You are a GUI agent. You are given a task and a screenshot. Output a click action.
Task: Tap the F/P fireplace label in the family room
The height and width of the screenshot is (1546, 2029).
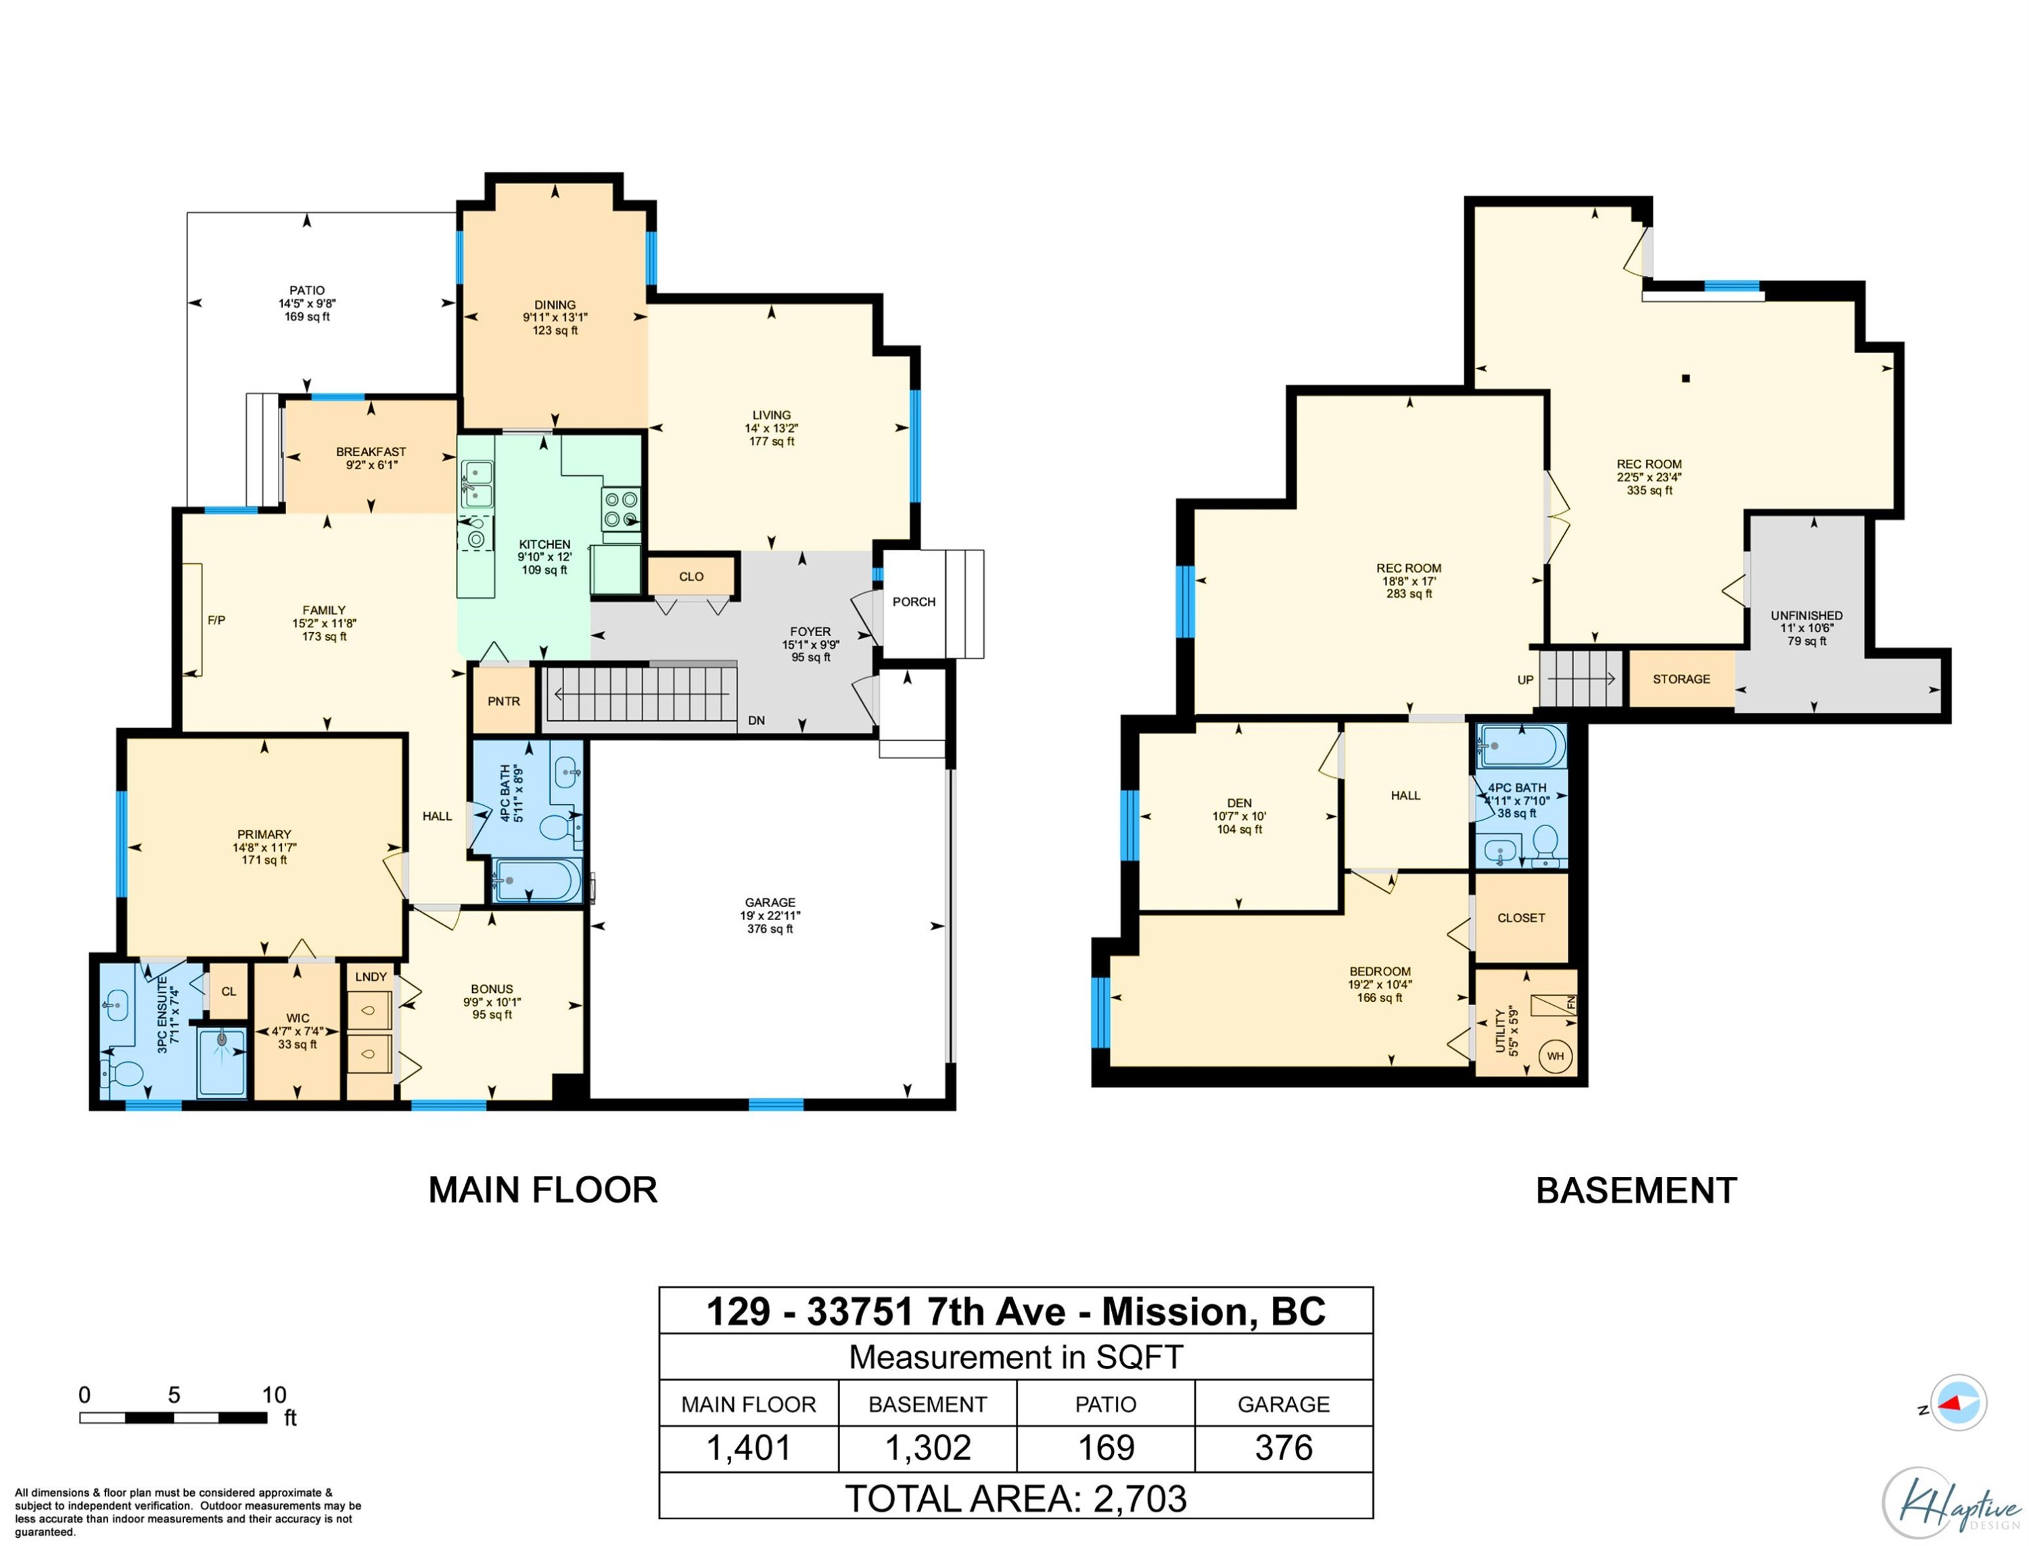[x=216, y=621]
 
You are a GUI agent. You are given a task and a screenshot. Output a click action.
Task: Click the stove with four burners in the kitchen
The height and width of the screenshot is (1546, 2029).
[x=620, y=510]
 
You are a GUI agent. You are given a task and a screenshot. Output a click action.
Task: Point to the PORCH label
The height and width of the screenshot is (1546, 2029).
[x=913, y=602]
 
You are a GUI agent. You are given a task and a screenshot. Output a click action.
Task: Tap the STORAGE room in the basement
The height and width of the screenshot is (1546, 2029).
[x=1681, y=679]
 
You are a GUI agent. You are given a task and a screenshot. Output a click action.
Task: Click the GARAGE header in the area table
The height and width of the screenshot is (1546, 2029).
[x=1283, y=1404]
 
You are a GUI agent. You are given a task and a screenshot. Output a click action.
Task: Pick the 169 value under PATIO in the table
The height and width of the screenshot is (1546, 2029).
[x=1106, y=1447]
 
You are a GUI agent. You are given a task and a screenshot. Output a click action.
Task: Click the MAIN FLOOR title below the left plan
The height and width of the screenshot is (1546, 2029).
[x=543, y=1190]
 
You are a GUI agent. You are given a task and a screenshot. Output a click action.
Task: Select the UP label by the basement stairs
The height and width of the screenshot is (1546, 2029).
[x=1525, y=680]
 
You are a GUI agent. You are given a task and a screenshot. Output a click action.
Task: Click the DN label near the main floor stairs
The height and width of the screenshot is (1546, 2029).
[x=756, y=721]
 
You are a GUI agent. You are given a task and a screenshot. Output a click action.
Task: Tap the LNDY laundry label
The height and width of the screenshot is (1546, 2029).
[x=371, y=976]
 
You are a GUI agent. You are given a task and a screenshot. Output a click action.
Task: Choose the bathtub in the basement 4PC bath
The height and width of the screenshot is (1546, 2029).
[x=1521, y=746]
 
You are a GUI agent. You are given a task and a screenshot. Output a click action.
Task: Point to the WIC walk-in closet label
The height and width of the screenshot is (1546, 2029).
[x=298, y=1019]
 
